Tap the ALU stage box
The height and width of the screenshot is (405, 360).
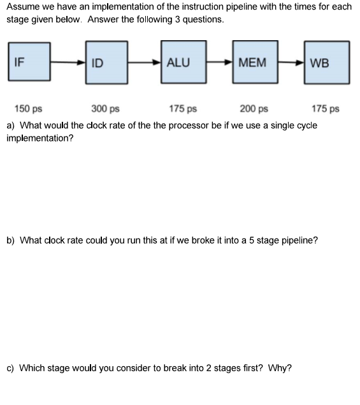coord(184,63)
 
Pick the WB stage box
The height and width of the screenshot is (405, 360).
coord(327,63)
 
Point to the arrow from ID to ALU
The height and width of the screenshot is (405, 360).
coord(145,63)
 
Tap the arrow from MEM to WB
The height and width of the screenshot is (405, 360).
coord(291,63)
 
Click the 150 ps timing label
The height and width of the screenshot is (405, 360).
coord(29,109)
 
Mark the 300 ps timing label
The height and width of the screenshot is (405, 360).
coord(105,109)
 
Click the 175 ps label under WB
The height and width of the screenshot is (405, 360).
coord(326,109)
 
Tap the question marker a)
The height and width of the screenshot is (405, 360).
coord(11,125)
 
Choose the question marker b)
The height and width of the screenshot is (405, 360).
coord(11,240)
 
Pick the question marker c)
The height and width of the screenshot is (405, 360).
coord(11,368)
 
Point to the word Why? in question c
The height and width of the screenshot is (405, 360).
coord(280,368)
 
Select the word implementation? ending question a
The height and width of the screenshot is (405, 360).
coord(40,138)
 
